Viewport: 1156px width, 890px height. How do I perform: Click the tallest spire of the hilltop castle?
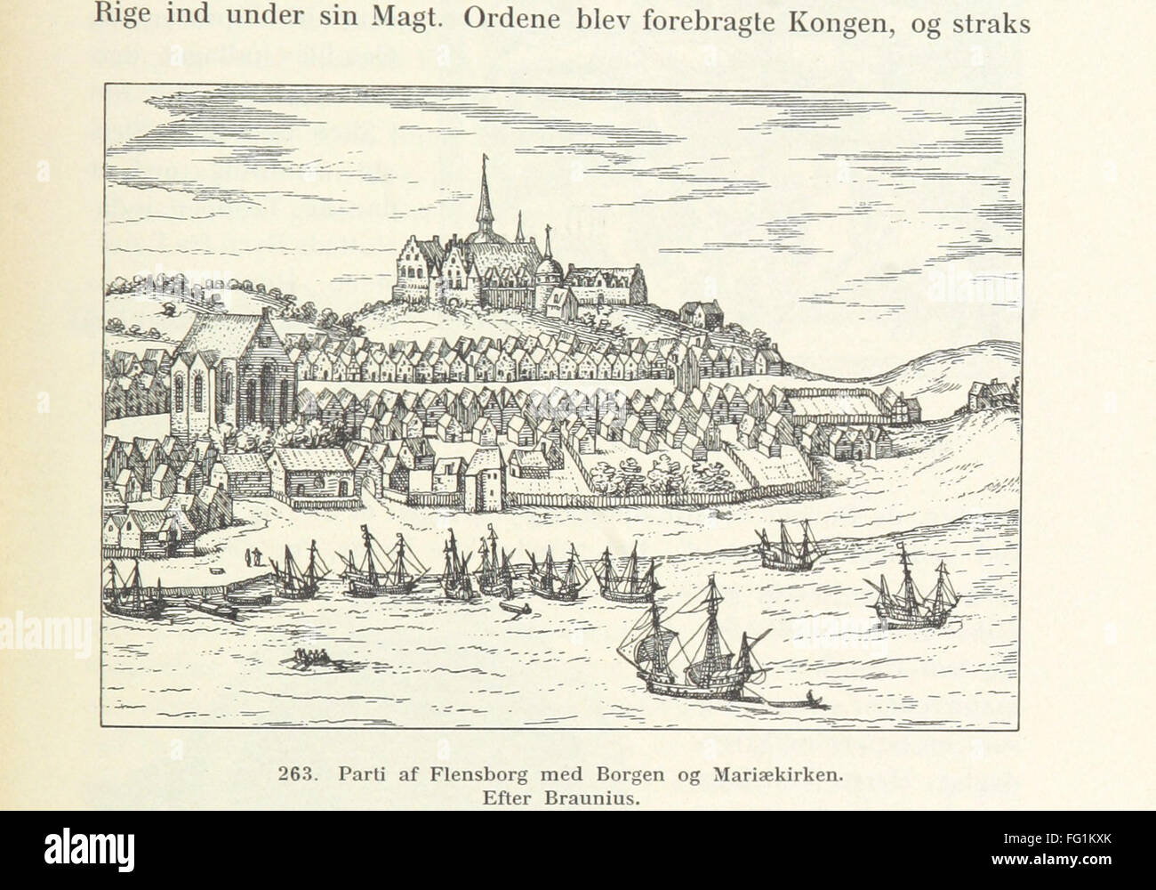pos(485,191)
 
